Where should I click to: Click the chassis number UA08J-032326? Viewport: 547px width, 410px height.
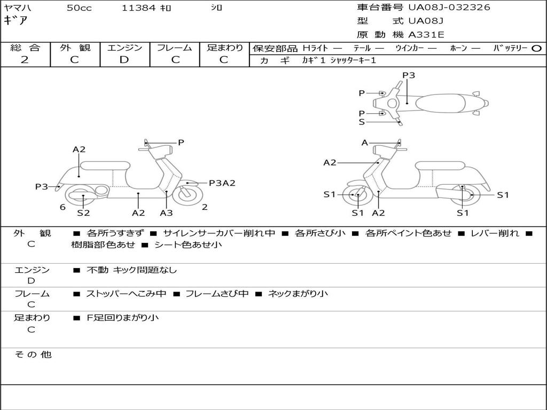pyautogui.click(x=449, y=7)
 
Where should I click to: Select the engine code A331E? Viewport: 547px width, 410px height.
pyautogui.click(x=426, y=35)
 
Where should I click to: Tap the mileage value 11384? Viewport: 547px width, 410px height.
pyautogui.click(x=138, y=7)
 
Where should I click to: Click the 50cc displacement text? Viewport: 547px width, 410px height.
pyautogui.click(x=79, y=7)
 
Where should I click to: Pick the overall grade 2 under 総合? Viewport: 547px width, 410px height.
pyautogui.click(x=25, y=60)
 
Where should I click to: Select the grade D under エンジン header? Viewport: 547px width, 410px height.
pyautogui.click(x=124, y=60)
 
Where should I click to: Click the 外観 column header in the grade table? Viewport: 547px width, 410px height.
pyautogui.click(x=75, y=48)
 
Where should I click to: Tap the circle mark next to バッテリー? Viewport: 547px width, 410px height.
pyautogui.click(x=536, y=49)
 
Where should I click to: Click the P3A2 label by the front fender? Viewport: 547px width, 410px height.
pyautogui.click(x=222, y=183)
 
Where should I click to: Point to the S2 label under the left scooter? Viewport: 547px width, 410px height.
pyautogui.click(x=83, y=212)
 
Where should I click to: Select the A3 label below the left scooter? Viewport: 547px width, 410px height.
pyautogui.click(x=167, y=212)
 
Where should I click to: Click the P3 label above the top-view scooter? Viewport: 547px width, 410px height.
pyautogui.click(x=409, y=75)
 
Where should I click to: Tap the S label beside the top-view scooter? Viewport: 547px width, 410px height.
pyautogui.click(x=362, y=122)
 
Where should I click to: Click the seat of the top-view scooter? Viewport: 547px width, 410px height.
pyautogui.click(x=441, y=103)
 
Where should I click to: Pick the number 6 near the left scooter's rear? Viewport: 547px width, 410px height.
pyautogui.click(x=63, y=207)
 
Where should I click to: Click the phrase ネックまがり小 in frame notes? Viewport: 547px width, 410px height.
pyautogui.click(x=298, y=294)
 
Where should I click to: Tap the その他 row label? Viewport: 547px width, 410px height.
pyautogui.click(x=33, y=354)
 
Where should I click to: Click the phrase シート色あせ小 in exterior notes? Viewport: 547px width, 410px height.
pyautogui.click(x=188, y=245)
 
